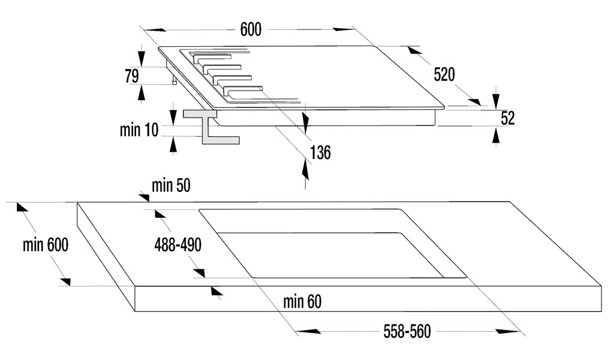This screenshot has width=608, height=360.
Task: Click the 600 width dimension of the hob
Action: tap(251, 29)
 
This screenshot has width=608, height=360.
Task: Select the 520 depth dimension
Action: tap(444, 74)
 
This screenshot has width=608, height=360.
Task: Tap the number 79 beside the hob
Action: tap(132, 76)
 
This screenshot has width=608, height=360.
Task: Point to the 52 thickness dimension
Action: tap(508, 118)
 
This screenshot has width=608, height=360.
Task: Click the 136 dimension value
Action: tap(320, 152)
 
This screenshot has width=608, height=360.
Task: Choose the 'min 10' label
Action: tap(139, 130)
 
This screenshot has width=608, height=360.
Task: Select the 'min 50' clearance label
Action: tap(171, 185)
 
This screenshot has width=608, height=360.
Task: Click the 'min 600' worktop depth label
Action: tap(46, 245)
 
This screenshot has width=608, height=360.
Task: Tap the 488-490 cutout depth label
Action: tap(178, 245)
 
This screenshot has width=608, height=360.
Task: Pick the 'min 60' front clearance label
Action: tap(302, 301)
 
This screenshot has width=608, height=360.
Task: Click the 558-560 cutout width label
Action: tap(407, 331)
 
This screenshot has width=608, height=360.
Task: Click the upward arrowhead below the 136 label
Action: tap(306, 170)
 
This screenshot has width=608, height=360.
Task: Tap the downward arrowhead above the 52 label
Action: tap(495, 98)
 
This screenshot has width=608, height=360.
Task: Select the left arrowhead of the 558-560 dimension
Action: tap(309, 331)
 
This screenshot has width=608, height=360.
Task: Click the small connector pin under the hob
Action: tap(174, 80)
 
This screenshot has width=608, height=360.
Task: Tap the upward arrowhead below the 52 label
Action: tap(495, 136)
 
